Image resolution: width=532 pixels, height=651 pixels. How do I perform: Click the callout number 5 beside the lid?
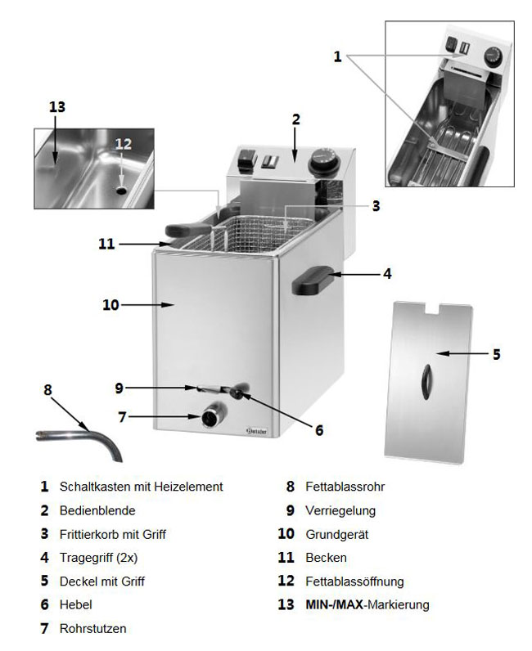(496, 355)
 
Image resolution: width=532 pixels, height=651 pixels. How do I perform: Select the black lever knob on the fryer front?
(239, 393)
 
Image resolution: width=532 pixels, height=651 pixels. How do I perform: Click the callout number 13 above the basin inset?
(56, 107)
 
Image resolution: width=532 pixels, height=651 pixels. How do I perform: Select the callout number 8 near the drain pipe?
(47, 390)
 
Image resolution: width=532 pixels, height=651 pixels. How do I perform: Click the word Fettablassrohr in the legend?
(345, 487)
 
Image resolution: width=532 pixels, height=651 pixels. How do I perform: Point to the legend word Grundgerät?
(336, 534)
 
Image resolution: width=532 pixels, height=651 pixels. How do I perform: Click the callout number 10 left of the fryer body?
(110, 305)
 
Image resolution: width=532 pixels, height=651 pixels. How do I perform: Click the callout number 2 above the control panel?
(295, 119)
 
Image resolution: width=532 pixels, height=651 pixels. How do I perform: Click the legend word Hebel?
(76, 605)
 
